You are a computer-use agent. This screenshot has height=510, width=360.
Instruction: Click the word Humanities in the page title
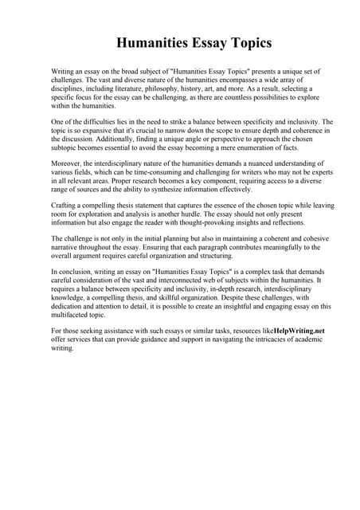[x=153, y=42]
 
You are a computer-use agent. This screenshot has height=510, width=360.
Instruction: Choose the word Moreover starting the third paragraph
[x=68, y=163]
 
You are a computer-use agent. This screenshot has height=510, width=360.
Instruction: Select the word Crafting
[x=65, y=206]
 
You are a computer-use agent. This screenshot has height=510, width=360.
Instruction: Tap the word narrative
[x=69, y=248]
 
